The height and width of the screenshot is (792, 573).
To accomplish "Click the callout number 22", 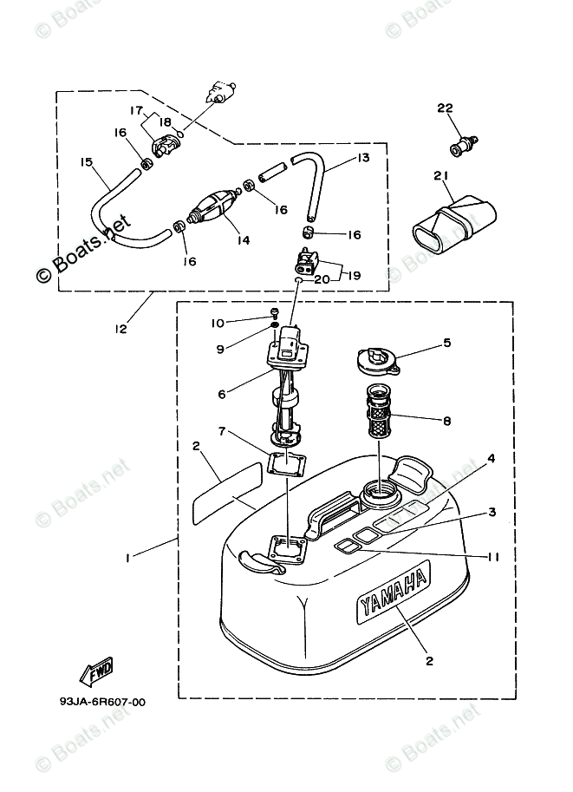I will pyautogui.click(x=445, y=108).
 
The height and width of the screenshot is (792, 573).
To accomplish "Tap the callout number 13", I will pyautogui.click(x=362, y=158).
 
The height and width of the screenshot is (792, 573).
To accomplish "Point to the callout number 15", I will pyautogui.click(x=86, y=161).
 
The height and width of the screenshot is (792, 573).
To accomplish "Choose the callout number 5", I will pyautogui.click(x=448, y=343).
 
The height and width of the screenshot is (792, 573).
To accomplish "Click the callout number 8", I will pyautogui.click(x=447, y=422).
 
